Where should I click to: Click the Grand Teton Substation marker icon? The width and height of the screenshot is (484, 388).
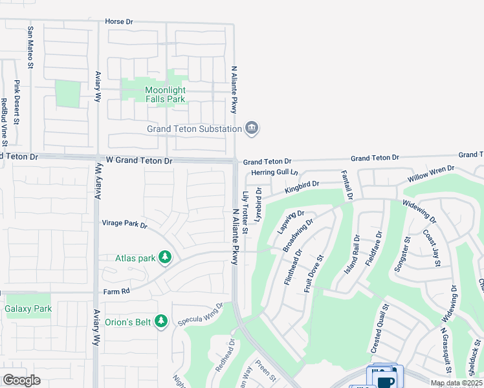(x=252, y=129)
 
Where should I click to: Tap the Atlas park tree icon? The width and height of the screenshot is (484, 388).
(x=166, y=258)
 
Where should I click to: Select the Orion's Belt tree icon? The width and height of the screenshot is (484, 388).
(x=162, y=321)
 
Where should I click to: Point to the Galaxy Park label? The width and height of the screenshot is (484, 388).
(x=28, y=309)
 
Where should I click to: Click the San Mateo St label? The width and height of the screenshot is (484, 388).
(x=30, y=47)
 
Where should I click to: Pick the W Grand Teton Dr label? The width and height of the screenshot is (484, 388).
(x=135, y=160)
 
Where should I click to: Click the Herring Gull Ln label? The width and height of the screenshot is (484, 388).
(x=274, y=173)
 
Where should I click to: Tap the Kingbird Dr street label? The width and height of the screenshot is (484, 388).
(x=302, y=186)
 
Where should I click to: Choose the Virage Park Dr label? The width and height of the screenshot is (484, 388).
(x=125, y=225)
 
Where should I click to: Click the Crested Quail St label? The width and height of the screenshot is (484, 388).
(x=379, y=329)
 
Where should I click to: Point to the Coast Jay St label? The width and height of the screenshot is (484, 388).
(x=431, y=247)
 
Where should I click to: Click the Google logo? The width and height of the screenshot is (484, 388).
(x=21, y=380)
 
